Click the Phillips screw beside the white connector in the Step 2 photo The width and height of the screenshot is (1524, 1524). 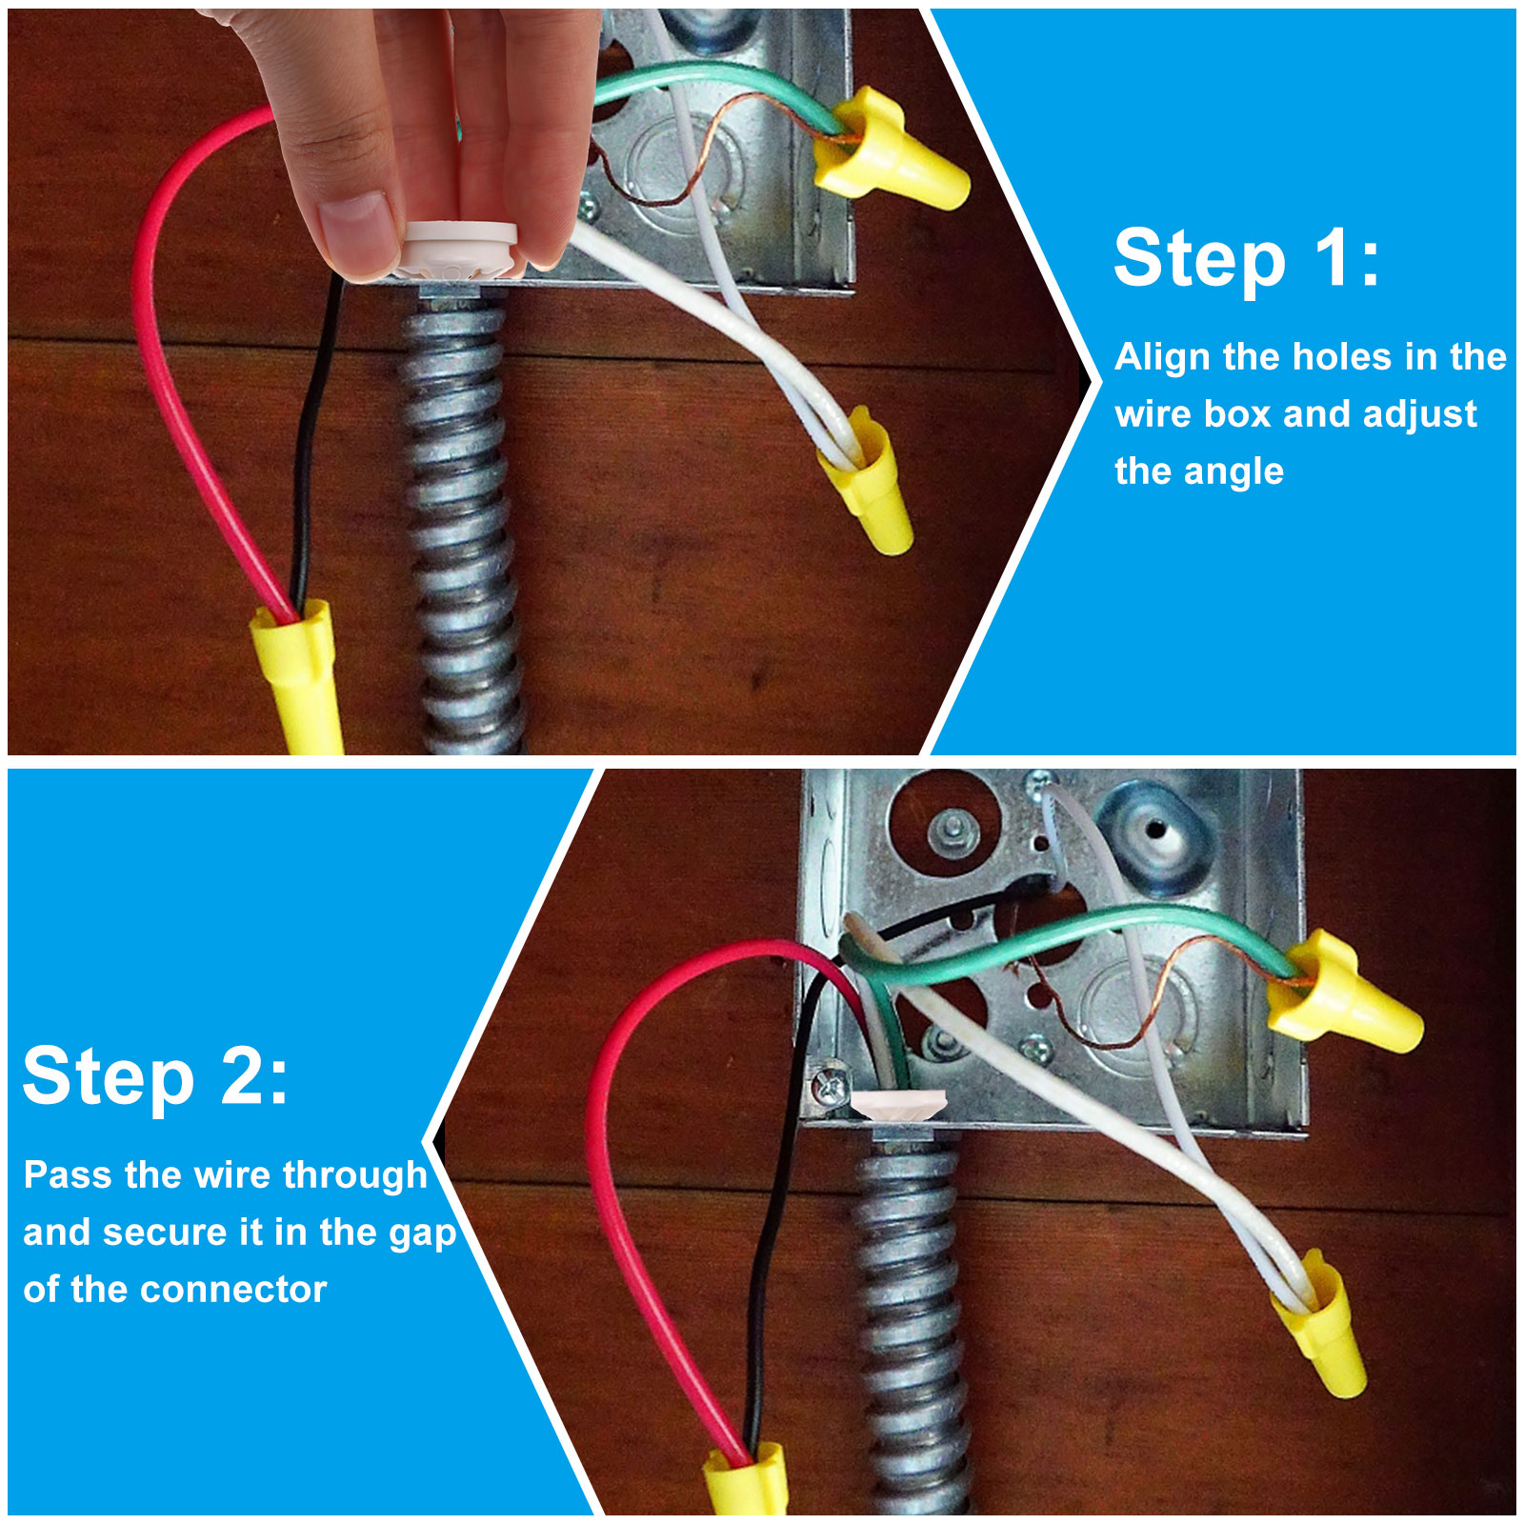click(830, 1087)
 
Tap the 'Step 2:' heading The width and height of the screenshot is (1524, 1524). click(155, 1076)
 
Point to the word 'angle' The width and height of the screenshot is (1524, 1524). click(1233, 472)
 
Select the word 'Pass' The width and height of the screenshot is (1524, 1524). click(68, 1174)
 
